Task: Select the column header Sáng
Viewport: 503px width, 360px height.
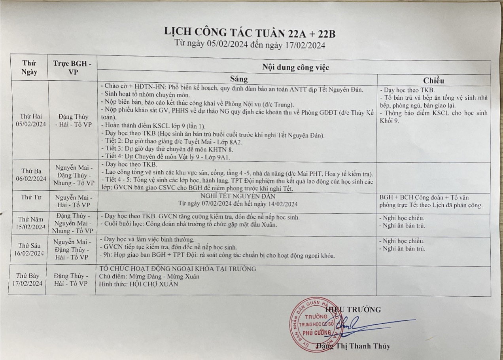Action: coord(236,78)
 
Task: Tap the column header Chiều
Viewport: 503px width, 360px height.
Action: coord(434,80)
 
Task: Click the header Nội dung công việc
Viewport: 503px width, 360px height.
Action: coord(295,67)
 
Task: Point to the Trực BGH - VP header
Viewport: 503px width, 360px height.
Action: coord(73,68)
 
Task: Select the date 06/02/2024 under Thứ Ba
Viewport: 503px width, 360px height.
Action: coord(32,178)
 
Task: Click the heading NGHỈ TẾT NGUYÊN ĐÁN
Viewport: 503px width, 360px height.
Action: coord(237,196)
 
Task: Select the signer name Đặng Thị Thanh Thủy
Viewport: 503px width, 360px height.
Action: coord(353,346)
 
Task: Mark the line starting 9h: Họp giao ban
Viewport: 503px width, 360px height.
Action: coord(218,256)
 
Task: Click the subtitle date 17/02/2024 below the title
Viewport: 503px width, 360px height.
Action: coord(304,45)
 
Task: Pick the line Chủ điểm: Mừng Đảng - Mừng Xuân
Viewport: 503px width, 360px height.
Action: coord(150,276)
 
